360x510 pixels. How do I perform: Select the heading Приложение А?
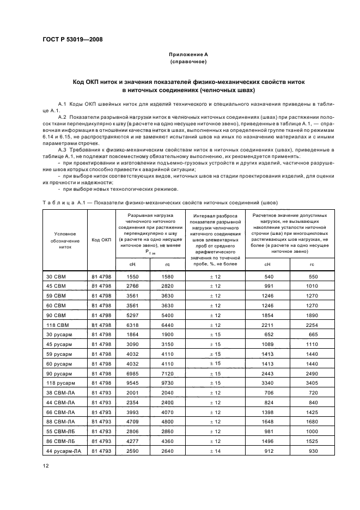click(184, 55)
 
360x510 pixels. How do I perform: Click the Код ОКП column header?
click(101, 240)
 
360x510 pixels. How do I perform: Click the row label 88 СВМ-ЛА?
click(58, 422)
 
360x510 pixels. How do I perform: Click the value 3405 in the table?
click(312, 384)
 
